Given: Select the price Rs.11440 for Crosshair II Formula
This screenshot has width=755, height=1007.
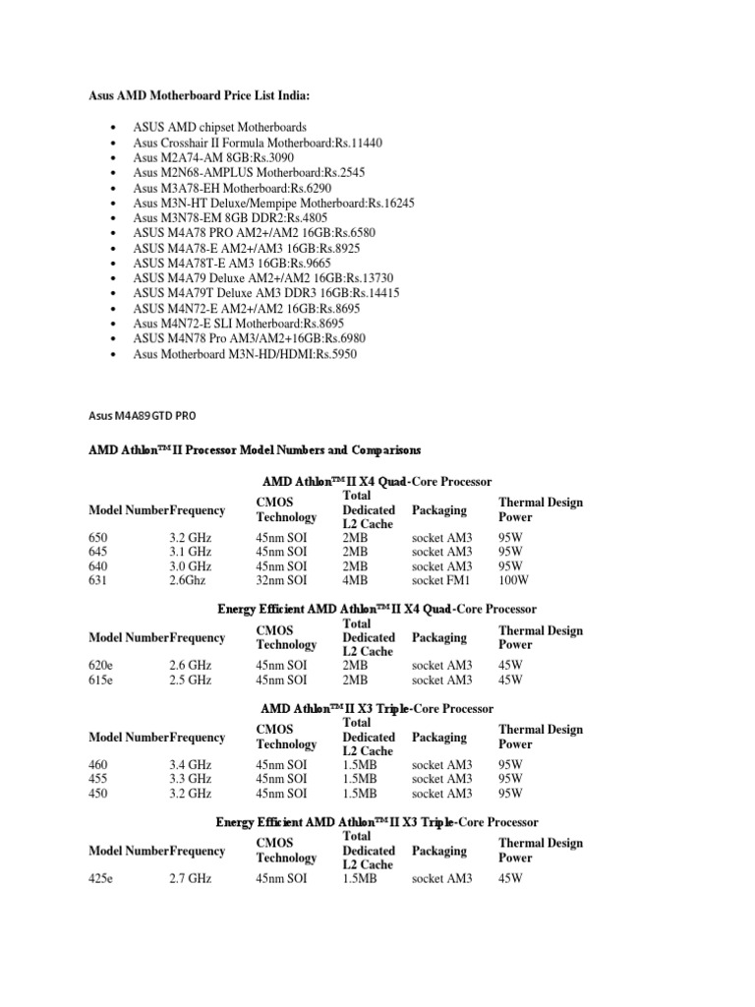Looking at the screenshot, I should pos(355,143).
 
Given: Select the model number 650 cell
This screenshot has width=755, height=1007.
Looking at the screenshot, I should pos(98,539).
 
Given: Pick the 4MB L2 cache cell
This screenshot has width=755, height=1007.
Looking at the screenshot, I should pos(356,580).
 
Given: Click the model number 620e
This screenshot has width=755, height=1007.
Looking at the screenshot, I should pos(103,666).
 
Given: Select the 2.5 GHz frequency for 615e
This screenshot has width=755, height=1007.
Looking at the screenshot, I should pos(190,680).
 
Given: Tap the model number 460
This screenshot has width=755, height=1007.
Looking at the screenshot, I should pos(98,765).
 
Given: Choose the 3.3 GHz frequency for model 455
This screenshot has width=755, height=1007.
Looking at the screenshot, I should pos(190,779).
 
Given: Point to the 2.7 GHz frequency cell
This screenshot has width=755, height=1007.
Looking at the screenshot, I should pos(190,878).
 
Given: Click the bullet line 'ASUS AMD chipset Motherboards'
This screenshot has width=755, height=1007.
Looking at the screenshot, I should pos(219,128).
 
